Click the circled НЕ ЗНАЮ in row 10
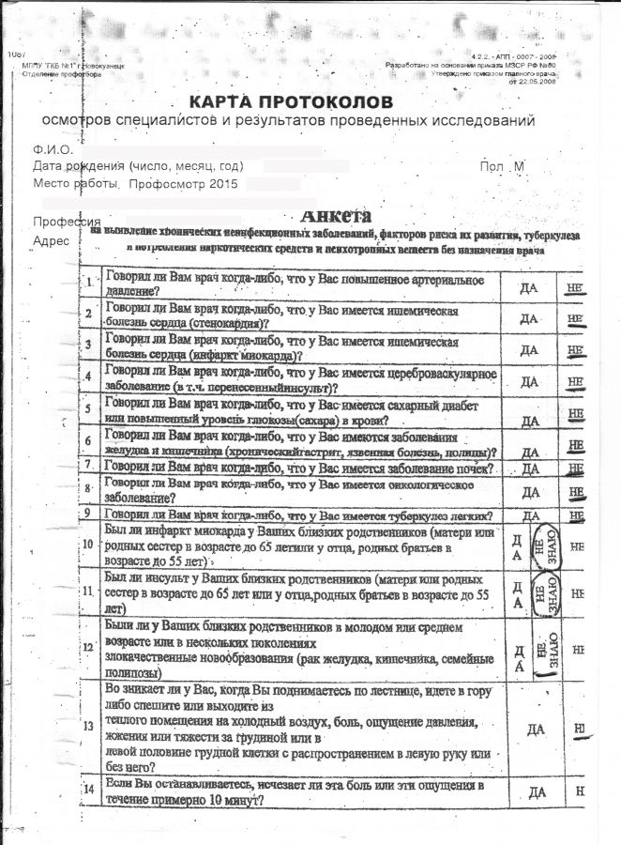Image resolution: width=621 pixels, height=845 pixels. point(543,545)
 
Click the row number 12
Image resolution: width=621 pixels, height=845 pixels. point(88,646)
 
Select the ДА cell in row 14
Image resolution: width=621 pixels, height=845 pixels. point(538,793)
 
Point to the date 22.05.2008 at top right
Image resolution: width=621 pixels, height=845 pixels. point(531,81)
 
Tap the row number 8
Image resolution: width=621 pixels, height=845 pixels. point(87,489)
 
